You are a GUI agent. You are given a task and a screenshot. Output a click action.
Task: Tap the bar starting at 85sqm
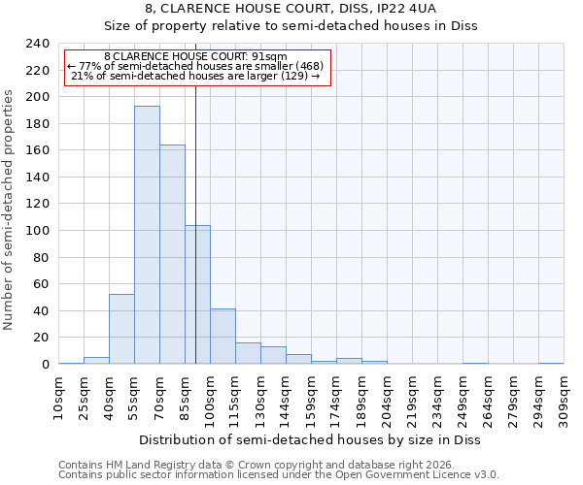tap(197, 295)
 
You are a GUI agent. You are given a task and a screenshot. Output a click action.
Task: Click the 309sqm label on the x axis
tap(564, 401)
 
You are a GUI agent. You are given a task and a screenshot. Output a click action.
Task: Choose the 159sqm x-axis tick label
tap(311, 401)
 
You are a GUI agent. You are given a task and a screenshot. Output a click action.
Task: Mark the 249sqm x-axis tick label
tap(463, 401)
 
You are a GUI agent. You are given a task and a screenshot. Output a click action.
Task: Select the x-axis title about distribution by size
tap(311, 439)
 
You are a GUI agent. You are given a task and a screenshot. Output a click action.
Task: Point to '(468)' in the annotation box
tap(303, 66)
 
